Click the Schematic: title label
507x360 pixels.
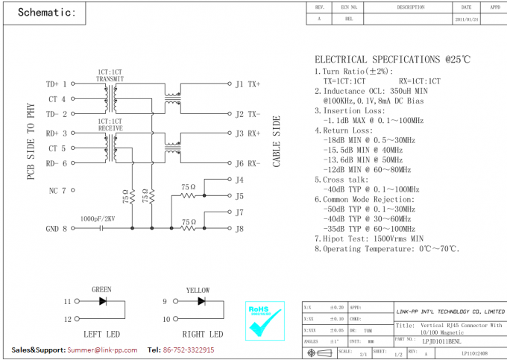46,13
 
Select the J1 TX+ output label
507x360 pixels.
248,84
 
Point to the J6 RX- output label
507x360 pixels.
248,163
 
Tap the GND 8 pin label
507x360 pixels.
57,229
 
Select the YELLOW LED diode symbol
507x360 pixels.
201,302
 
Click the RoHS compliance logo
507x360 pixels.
265,320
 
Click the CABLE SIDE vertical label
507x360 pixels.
277,141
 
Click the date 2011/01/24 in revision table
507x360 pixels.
467,19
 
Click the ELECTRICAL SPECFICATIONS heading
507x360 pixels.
391,60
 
